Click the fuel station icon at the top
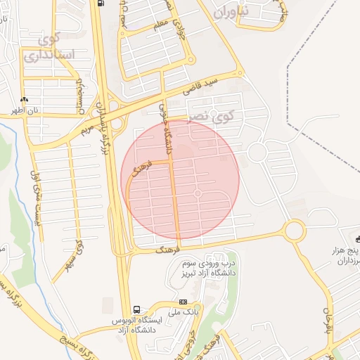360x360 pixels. (102, 3)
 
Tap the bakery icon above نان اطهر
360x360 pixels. (25, 100)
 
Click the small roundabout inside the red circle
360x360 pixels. (198, 193)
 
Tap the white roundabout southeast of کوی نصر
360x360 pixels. (257, 152)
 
